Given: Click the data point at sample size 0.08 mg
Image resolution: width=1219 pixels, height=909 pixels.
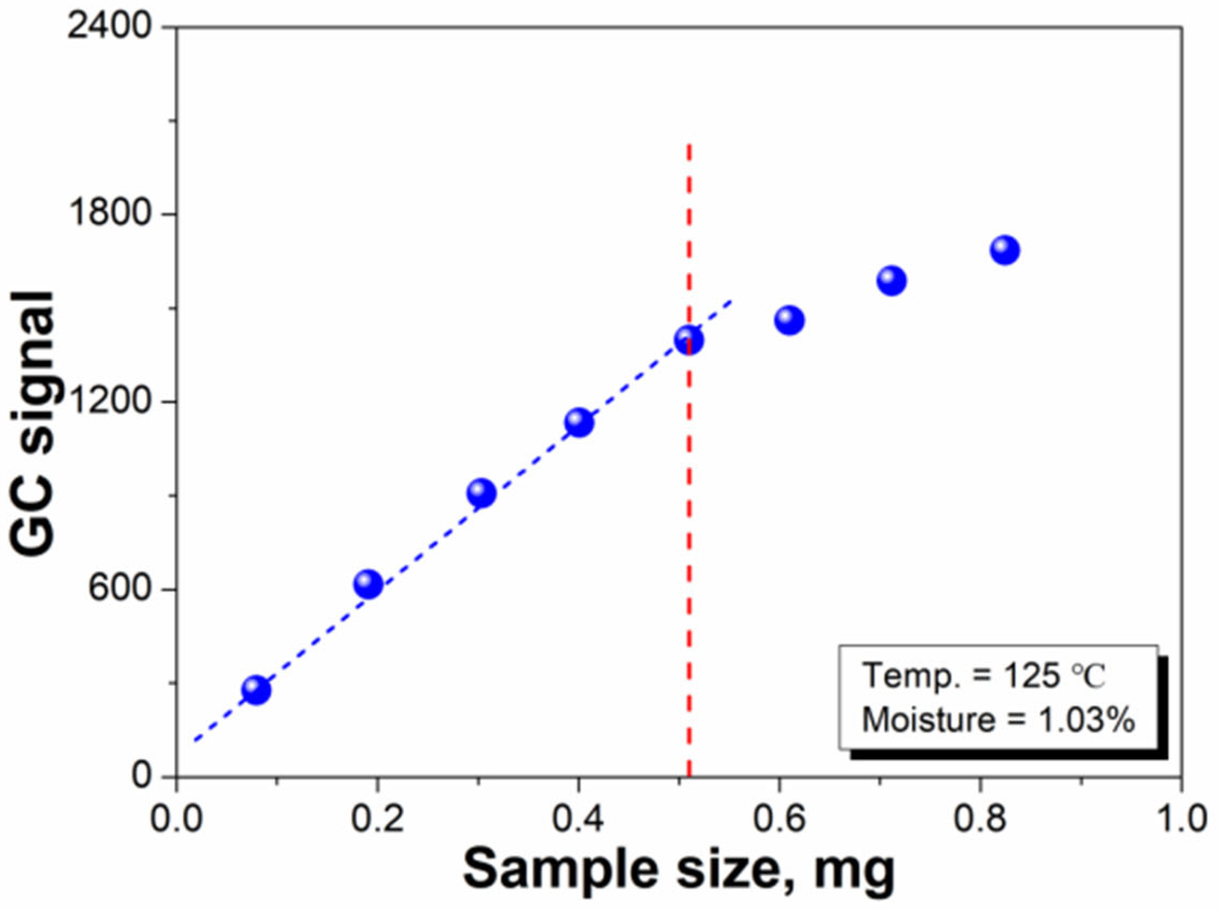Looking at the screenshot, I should [256, 690].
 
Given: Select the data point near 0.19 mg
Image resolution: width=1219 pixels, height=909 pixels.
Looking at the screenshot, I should [368, 584].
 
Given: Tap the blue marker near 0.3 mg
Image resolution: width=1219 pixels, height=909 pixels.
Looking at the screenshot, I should [481, 493].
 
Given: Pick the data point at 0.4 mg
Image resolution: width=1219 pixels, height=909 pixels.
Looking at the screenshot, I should [579, 423].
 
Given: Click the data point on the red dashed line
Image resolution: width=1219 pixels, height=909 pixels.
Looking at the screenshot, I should [689, 340].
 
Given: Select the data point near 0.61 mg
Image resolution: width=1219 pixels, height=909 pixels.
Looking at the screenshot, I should [790, 320].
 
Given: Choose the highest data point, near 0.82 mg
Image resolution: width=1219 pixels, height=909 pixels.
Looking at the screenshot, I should [1005, 250].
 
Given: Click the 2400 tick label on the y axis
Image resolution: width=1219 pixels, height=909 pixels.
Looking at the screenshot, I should [109, 26].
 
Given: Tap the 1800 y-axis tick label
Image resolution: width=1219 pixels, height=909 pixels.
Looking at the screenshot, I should [109, 214].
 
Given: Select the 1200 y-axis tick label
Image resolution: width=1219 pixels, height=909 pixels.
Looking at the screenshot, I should [109, 401].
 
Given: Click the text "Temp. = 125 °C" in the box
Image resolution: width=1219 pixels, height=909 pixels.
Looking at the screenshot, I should [983, 676].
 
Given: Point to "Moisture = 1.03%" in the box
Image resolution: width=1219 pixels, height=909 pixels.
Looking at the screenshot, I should [998, 720].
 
